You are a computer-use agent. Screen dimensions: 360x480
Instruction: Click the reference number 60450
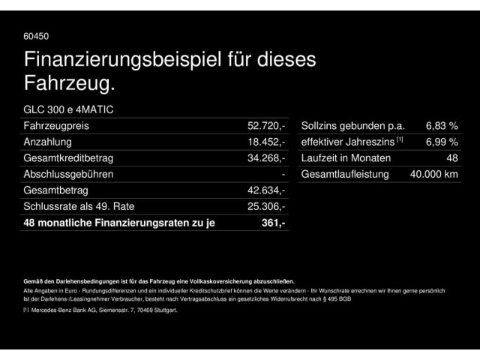37,35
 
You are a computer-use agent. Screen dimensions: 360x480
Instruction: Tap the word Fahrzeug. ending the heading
70,84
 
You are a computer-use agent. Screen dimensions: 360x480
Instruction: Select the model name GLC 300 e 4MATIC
69,109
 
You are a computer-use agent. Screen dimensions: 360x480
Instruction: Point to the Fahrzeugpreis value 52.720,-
267,126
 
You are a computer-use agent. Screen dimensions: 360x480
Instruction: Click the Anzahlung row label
48,142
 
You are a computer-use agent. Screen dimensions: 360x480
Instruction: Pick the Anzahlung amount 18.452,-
267,142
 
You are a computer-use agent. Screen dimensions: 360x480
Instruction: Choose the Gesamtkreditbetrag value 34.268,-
267,158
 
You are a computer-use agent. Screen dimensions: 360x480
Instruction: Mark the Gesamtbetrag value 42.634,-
267,190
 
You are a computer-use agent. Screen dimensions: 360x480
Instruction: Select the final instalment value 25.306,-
267,206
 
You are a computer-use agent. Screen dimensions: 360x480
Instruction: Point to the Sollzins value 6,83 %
442,126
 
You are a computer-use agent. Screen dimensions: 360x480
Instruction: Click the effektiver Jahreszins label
349,142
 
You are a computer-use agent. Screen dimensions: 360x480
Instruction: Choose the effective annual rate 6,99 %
442,142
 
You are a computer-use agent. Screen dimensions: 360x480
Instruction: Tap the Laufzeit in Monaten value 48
452,158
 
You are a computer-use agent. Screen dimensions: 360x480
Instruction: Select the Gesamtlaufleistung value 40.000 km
434,174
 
